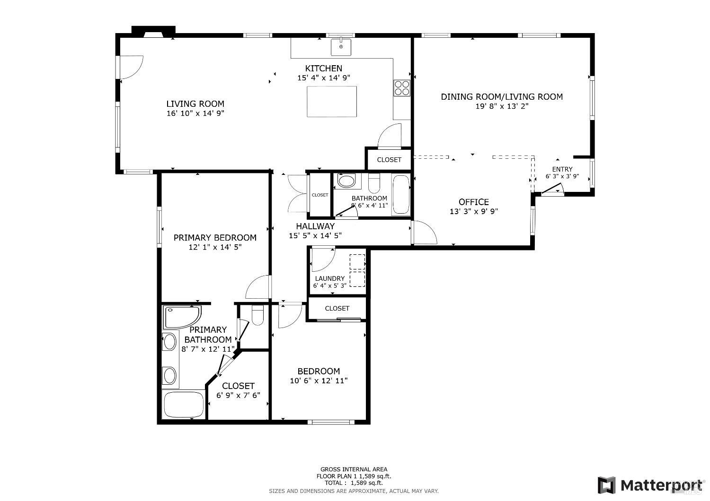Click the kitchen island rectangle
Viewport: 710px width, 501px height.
(x=331, y=101)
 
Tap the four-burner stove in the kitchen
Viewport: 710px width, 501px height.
(x=402, y=88)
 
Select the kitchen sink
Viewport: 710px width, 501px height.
(x=341, y=47)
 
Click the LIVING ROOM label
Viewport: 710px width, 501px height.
(x=195, y=104)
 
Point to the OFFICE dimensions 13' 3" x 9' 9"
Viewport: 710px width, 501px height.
(x=473, y=212)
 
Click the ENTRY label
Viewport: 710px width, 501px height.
(x=562, y=169)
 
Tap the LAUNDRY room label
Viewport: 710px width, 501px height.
(x=329, y=278)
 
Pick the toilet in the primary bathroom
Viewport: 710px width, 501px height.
(x=257, y=315)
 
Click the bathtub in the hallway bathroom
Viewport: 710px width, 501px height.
(x=400, y=195)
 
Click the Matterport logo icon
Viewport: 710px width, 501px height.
(x=606, y=485)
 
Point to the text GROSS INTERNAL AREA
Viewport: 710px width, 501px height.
(x=354, y=469)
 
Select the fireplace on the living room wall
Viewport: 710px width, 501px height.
(x=153, y=32)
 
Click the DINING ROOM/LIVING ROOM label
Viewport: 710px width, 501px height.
(x=502, y=97)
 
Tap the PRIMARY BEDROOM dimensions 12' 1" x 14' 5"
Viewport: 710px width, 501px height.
(x=215, y=247)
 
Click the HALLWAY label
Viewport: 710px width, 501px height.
(x=315, y=226)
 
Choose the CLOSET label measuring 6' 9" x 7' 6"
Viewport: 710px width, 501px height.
(x=238, y=386)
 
